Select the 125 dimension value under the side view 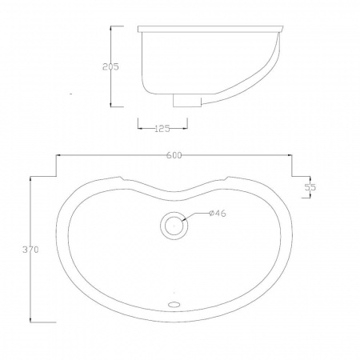point(163,128)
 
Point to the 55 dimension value point(310,186)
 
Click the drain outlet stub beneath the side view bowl point(187,100)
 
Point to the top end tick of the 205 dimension point(111,26)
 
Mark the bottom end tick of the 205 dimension point(111,106)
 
